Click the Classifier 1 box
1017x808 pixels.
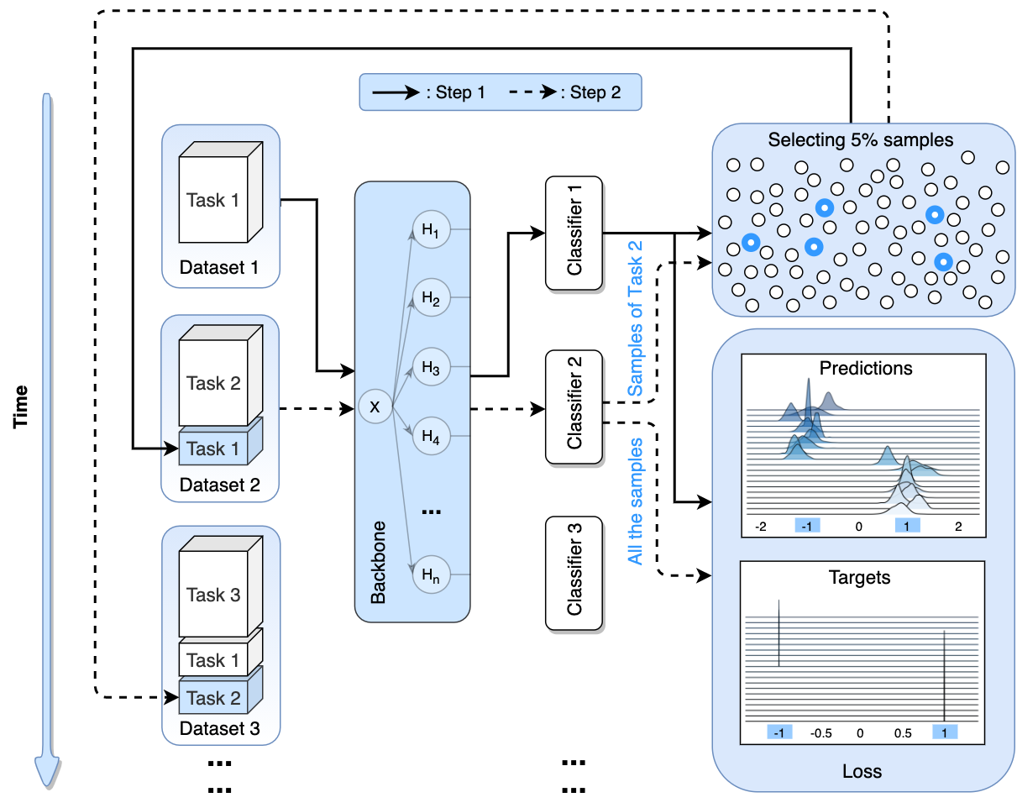tap(574, 234)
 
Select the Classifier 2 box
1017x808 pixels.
tap(574, 407)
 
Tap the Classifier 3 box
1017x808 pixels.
tap(574, 574)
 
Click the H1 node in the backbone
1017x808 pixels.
tap(432, 230)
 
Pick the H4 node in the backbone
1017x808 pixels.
tap(432, 436)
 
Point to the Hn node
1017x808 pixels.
tap(432, 575)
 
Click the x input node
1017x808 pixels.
tap(375, 407)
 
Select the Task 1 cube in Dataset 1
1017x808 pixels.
tap(215, 201)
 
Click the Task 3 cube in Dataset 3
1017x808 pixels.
tap(215, 596)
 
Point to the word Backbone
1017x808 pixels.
tap(379, 571)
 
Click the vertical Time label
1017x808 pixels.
tap(22, 407)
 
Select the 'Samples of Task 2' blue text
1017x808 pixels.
tap(636, 318)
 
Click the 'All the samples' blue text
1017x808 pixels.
tap(636, 501)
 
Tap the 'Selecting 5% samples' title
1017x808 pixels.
tap(861, 140)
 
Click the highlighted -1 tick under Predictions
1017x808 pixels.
tap(807, 526)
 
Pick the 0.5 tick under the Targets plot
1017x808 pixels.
tap(903, 732)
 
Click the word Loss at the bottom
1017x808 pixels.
tap(862, 770)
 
